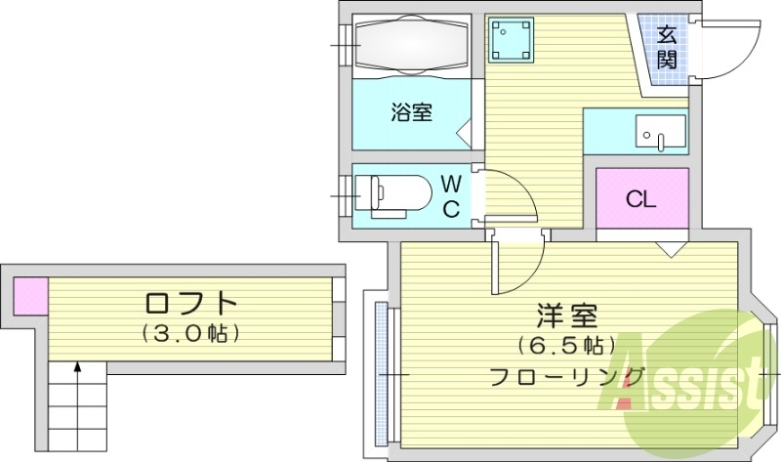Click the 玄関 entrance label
coord(667,47)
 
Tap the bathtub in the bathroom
coord(412,42)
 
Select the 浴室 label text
coord(411,112)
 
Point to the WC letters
coord(451,195)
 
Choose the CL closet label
coord(640,200)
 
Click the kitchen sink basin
coord(660,132)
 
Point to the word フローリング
coord(566,376)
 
